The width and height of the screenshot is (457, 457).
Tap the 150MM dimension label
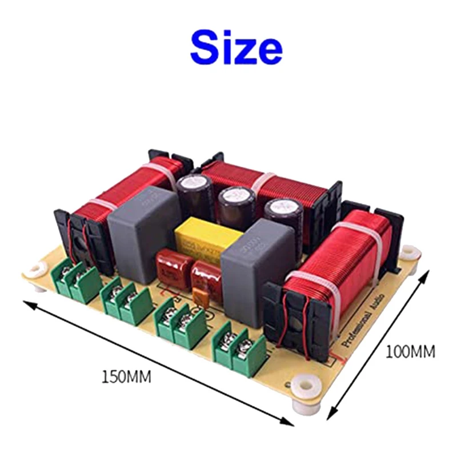[x=126, y=377]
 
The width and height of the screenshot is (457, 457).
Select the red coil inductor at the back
[x=263, y=183]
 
